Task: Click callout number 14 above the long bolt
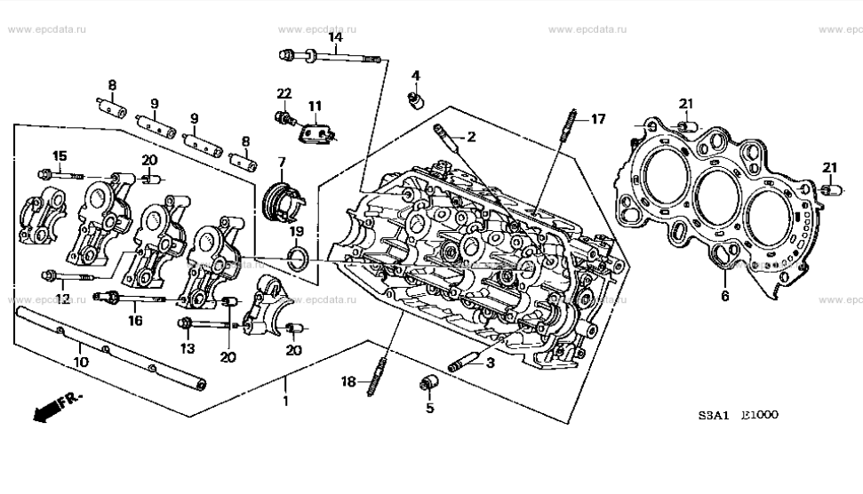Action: tap(336, 37)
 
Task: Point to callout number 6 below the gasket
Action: tap(724, 296)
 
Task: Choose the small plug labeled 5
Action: tap(430, 383)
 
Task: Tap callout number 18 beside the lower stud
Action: tap(348, 381)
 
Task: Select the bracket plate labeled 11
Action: tap(316, 133)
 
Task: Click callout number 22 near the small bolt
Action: tap(284, 93)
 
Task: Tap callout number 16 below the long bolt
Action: tap(135, 320)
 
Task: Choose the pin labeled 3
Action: tap(469, 363)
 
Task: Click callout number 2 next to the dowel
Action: tap(471, 136)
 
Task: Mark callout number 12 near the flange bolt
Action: tap(63, 298)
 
